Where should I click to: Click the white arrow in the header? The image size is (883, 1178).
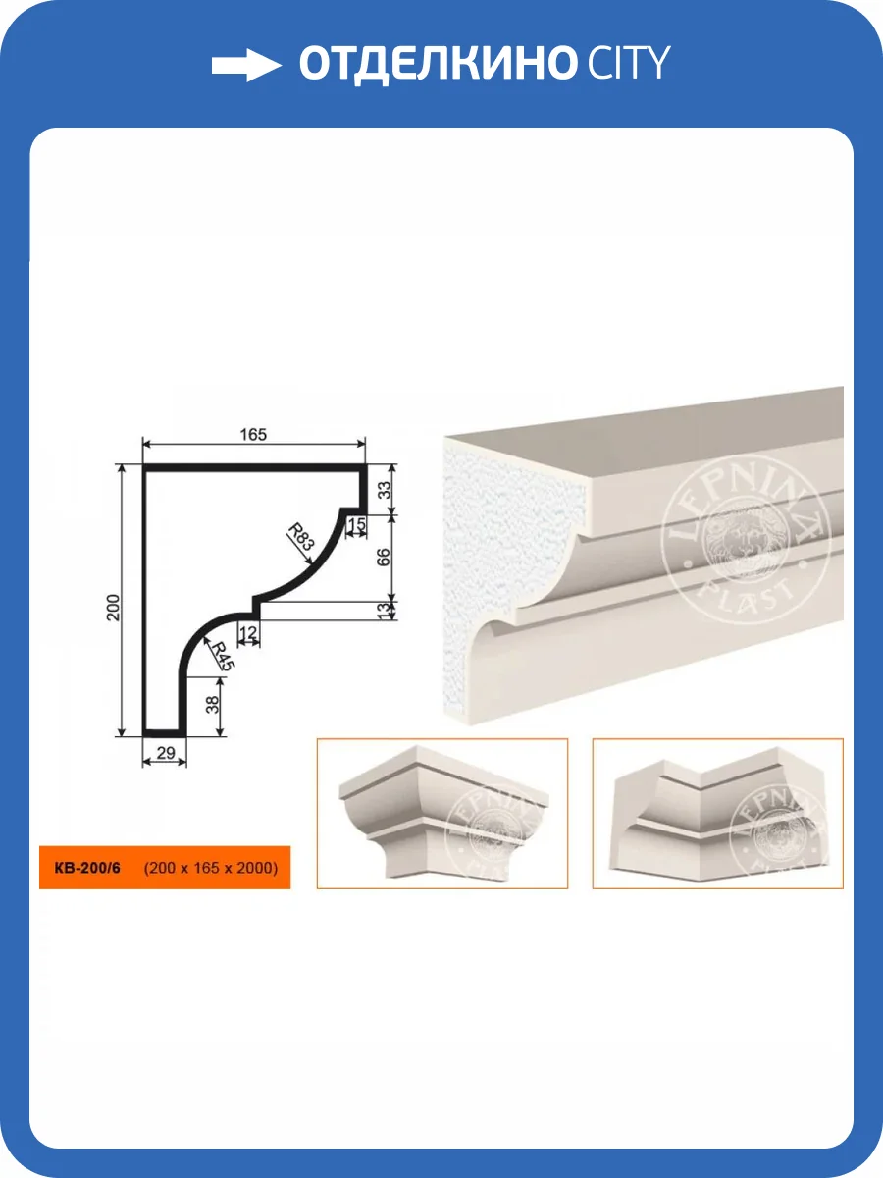[x=246, y=66]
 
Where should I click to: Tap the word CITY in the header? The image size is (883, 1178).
[x=629, y=62]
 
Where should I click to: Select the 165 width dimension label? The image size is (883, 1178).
[x=253, y=434]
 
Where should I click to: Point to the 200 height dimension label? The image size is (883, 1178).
[x=113, y=608]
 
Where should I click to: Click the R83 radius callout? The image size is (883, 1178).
[x=301, y=537]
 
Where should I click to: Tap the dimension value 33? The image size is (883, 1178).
[x=385, y=490]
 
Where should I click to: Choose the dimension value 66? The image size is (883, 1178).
[x=383, y=557]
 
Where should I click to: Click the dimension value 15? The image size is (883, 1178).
[x=356, y=524]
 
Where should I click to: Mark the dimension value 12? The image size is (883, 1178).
[x=248, y=633]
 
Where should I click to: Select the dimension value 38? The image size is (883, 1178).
[x=213, y=704]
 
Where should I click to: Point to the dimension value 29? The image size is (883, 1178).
[x=166, y=752]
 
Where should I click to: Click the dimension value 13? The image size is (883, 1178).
[x=384, y=611]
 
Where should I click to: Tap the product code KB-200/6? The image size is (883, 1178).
[x=87, y=868]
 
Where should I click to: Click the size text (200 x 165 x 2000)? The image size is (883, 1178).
[x=211, y=868]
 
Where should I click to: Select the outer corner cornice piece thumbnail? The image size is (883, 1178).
[x=442, y=814]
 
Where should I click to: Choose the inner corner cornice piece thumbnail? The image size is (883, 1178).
[x=718, y=814]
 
